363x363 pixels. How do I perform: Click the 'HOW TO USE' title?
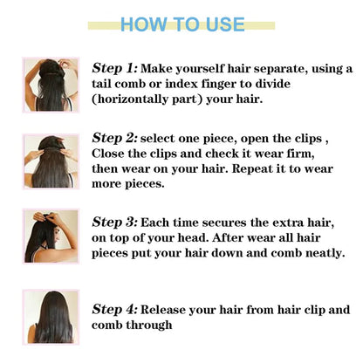[x=182, y=24]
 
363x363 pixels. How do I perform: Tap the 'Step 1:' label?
[x=114, y=67]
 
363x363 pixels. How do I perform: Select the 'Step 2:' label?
[x=114, y=138]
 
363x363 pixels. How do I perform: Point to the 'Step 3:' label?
[x=114, y=222]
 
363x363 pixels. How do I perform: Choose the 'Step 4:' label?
[x=114, y=309]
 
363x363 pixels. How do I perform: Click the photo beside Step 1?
[x=51, y=85]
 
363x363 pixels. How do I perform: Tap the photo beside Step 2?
[x=51, y=161]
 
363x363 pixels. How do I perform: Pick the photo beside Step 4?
[x=51, y=317]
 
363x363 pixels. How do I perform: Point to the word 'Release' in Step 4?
[x=166, y=309]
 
